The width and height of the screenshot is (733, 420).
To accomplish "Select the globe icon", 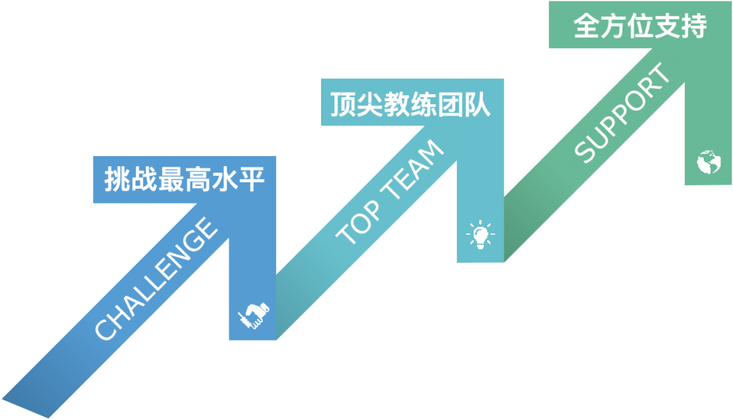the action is click(708, 161).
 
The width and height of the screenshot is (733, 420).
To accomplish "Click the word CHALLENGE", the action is click(156, 279).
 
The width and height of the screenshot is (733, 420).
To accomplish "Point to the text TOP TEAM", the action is click(390, 193).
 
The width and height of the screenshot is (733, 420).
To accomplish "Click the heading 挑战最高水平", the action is click(183, 179).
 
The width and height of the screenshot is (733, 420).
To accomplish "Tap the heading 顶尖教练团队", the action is click(410, 104).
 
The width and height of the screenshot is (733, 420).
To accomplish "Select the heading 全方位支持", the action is click(639, 26).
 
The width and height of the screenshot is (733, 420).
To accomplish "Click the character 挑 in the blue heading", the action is click(117, 179).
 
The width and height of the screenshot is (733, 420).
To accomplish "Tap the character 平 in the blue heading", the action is click(250, 179).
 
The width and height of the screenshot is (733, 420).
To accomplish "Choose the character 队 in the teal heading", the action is click(477, 104).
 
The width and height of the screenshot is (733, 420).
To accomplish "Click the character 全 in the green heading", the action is click(586, 26).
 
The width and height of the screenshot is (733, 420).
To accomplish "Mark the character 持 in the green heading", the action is click(694, 26).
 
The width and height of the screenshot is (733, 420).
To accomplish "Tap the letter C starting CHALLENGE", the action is click(106, 328).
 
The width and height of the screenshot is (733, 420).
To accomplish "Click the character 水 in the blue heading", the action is click(224, 179).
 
